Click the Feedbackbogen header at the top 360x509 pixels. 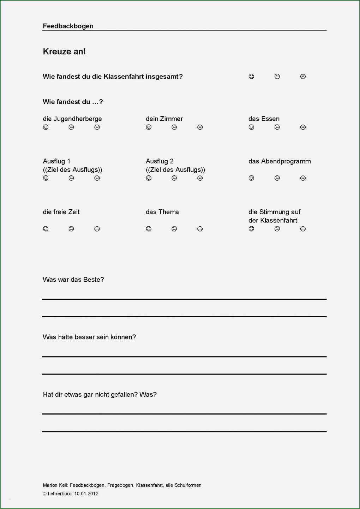point(68,26)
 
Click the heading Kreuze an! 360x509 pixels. point(64,52)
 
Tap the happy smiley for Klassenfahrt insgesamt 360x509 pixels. point(251,76)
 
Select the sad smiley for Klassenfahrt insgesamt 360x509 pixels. point(303,76)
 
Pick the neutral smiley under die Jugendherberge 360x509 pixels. point(71,127)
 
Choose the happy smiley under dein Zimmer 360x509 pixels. point(149,127)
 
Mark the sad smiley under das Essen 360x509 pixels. point(303,127)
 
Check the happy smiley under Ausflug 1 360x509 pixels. point(46,178)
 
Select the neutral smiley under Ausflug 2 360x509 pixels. point(174,178)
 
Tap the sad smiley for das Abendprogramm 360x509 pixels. point(303,178)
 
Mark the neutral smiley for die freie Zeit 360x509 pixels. point(71,229)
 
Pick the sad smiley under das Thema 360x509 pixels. point(200,229)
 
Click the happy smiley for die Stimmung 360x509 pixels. point(251,229)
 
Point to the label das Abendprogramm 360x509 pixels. point(280,161)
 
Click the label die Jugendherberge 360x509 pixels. point(72,119)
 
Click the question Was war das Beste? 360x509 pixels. point(73,280)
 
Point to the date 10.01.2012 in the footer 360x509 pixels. point(86,494)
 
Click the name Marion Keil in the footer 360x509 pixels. point(55,485)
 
